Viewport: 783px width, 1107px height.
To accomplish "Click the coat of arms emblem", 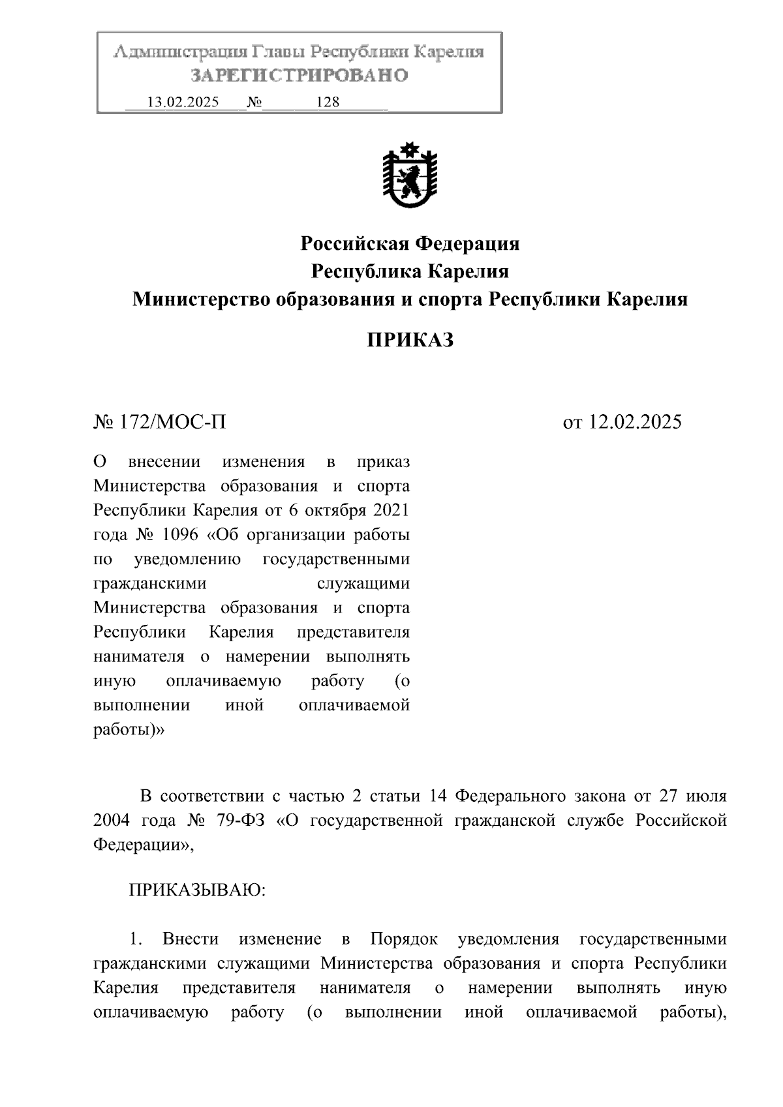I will [410, 175].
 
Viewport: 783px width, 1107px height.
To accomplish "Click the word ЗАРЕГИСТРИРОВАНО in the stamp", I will [299, 76].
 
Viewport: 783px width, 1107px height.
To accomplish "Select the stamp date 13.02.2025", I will [183, 102].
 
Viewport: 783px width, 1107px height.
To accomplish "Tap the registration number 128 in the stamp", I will [328, 102].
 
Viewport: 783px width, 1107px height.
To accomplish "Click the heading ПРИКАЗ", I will [410, 340].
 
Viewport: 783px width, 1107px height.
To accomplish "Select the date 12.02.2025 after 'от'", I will [635, 422].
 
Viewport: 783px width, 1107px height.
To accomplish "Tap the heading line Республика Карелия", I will [410, 271].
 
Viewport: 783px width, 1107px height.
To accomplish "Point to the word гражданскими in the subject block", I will [150, 584].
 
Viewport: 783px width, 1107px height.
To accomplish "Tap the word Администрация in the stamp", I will [174, 52].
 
